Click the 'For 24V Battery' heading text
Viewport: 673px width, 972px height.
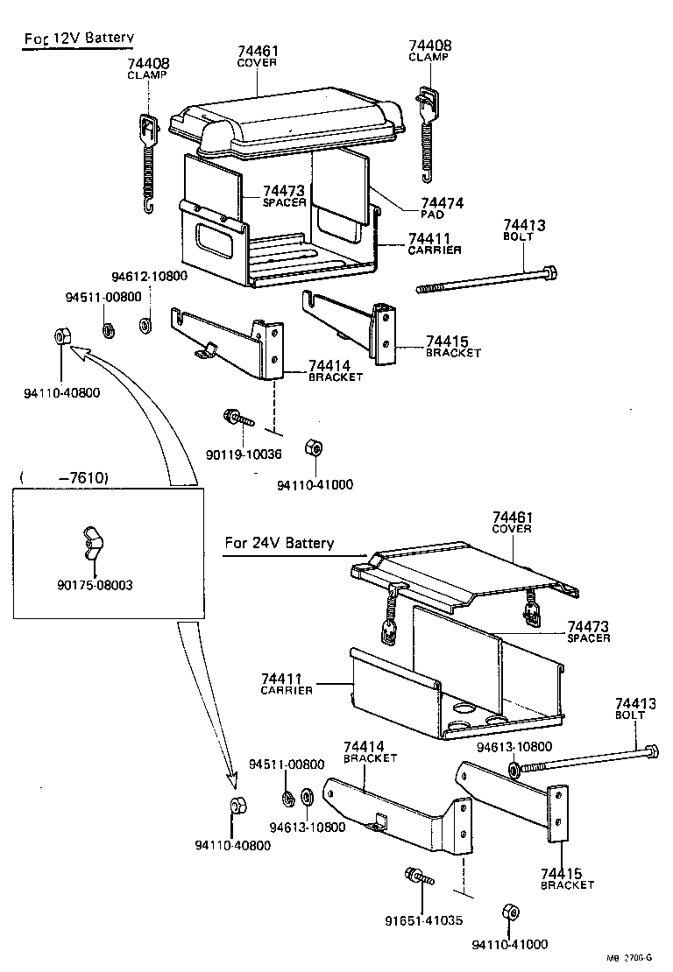279,543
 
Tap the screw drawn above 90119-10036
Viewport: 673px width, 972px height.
237,418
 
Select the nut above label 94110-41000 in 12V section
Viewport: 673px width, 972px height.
310,447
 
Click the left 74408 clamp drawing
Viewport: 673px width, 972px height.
149,162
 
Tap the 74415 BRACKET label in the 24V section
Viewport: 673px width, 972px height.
567,878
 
